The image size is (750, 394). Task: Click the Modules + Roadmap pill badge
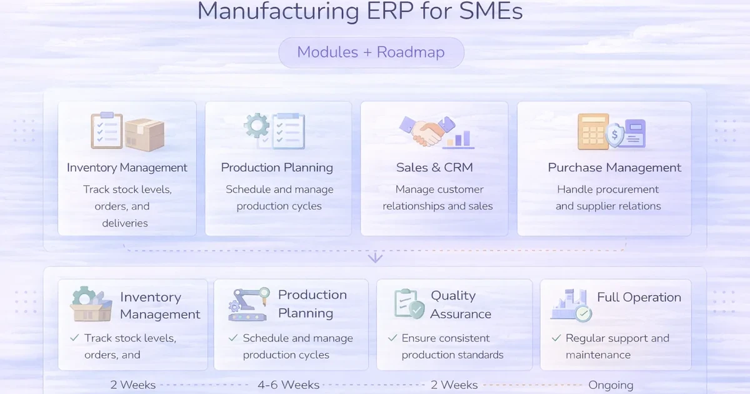click(371, 52)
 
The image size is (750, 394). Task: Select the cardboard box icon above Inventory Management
click(144, 134)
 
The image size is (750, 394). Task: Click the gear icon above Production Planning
click(256, 126)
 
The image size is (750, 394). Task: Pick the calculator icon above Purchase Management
click(592, 131)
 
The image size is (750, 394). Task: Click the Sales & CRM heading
click(434, 168)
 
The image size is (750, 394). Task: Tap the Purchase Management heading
click(614, 168)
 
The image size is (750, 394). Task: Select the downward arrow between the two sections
click(375, 256)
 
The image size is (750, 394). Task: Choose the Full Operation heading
click(639, 298)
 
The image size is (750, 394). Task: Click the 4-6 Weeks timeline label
click(289, 385)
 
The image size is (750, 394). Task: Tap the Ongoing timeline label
click(611, 385)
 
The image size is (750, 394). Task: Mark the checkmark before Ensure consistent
click(392, 338)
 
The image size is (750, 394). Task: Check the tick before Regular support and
click(556, 338)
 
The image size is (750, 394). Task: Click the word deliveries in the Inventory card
click(125, 223)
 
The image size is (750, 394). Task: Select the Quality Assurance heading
click(460, 305)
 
